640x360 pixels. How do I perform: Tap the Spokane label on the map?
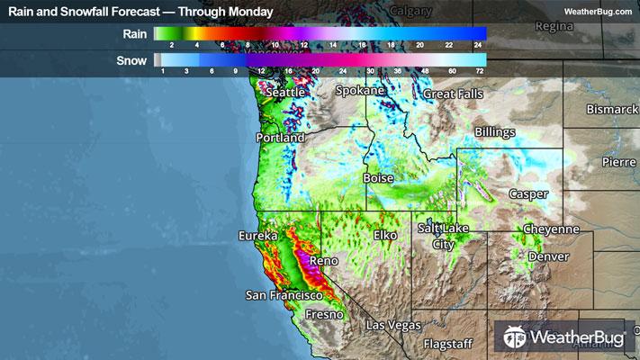tap(360, 91)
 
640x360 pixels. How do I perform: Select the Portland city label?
tap(280, 139)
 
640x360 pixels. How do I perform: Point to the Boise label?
tap(378, 179)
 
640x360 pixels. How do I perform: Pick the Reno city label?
tap(323, 261)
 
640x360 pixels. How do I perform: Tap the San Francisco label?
tap(284, 295)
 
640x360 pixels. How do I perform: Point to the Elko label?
tap(385, 236)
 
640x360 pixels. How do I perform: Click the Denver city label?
tap(549, 256)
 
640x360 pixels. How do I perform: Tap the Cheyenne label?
tap(551, 229)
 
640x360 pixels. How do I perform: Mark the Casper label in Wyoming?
tap(528, 193)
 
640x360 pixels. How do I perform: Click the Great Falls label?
tap(454, 94)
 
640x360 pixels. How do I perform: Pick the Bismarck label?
tap(611, 109)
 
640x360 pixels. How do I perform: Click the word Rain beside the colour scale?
tap(135, 33)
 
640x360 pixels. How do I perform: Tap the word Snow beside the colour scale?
tap(132, 61)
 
